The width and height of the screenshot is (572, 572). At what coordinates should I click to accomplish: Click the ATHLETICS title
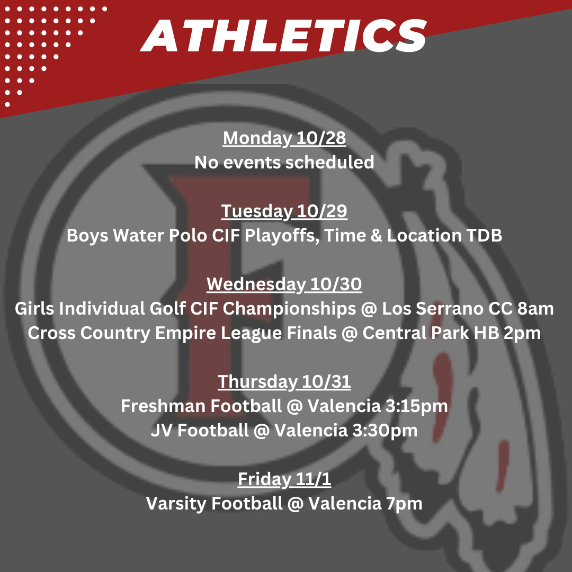[x=283, y=35]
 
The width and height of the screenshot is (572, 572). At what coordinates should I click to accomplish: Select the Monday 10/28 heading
[x=284, y=138]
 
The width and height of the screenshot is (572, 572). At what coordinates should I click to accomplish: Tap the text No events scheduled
[x=284, y=163]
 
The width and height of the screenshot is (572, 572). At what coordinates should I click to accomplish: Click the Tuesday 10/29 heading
[x=284, y=211]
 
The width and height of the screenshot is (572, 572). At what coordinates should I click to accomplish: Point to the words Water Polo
[x=160, y=235]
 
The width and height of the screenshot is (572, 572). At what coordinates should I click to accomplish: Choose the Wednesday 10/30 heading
[x=284, y=284]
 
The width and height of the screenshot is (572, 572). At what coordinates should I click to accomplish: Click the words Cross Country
[x=89, y=333]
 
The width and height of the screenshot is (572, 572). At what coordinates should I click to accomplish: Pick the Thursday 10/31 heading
[x=284, y=381]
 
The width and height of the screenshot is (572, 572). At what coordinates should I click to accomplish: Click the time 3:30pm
[x=385, y=431]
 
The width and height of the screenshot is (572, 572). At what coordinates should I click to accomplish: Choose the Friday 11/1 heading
[x=284, y=479]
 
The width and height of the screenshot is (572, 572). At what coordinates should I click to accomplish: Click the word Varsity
[x=176, y=504]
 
